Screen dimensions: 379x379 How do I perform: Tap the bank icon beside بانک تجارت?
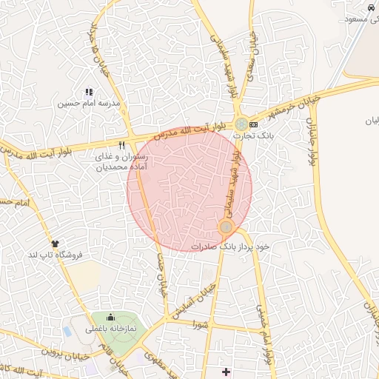[254, 124]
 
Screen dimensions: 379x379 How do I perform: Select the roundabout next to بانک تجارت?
[241, 124]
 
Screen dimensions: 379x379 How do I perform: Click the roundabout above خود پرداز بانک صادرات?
[227, 228]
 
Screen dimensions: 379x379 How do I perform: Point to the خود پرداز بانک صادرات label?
[230, 246]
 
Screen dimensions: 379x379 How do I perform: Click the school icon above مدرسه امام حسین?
[88, 93]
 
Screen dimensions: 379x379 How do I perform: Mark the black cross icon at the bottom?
[227, 370]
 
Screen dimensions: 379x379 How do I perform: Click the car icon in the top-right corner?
[370, 6]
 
